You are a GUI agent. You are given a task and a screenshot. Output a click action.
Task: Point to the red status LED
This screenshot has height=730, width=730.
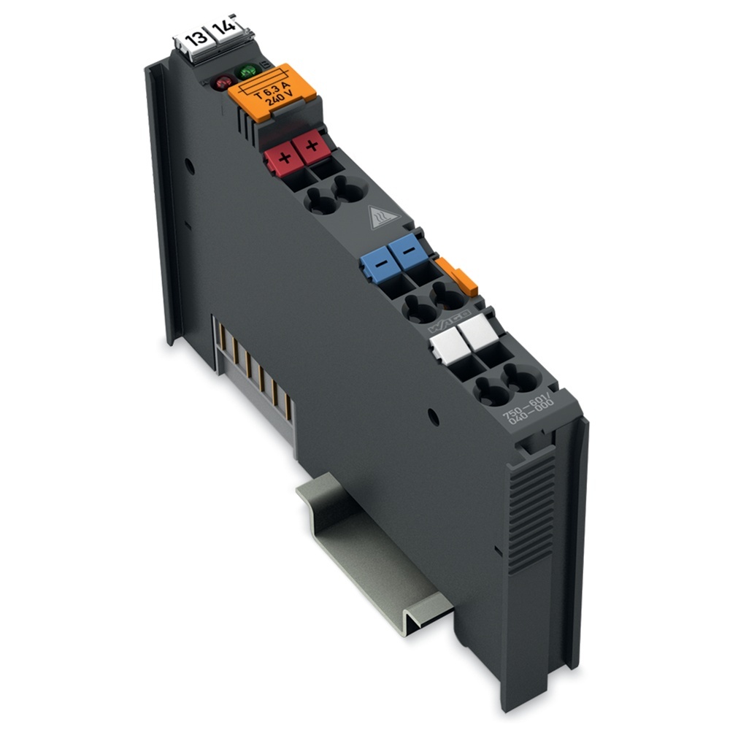[222, 83]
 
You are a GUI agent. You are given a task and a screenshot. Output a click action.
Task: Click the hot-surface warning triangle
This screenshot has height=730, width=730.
[385, 217]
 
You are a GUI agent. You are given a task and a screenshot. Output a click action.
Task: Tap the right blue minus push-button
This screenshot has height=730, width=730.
[407, 250]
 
